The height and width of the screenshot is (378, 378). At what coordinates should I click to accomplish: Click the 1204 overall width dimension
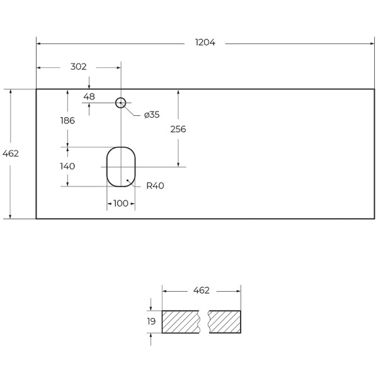tap(206, 43)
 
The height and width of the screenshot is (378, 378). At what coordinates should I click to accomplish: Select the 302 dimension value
tap(77, 66)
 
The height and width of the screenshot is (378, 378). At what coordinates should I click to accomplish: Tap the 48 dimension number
tap(89, 96)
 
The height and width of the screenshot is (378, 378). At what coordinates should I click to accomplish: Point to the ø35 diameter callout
tap(152, 115)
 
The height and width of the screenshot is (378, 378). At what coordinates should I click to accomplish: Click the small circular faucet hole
tap(121, 102)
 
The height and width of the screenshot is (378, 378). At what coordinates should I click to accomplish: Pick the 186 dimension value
tap(67, 120)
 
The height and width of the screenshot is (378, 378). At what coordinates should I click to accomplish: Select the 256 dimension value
tap(178, 129)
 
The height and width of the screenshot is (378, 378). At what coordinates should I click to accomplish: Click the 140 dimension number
tap(67, 166)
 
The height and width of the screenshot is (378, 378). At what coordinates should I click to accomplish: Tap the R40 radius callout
tap(155, 186)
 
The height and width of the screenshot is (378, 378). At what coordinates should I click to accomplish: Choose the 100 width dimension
tap(121, 203)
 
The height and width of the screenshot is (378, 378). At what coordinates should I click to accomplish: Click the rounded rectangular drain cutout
tap(121, 166)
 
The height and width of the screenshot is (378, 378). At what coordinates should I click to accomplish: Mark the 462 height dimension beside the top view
tap(11, 153)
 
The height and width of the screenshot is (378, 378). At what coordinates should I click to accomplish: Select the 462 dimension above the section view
tap(201, 290)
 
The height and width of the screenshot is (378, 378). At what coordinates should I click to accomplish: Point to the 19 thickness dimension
tap(151, 321)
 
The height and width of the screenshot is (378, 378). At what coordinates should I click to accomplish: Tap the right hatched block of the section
tap(225, 321)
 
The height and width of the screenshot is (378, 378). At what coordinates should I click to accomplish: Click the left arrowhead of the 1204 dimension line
tap(38, 43)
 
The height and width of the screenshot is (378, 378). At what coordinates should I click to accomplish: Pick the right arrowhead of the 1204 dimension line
tap(373, 43)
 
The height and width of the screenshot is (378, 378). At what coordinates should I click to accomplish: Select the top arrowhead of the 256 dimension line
tap(179, 91)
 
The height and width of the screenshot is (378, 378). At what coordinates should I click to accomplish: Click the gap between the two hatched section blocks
tap(204, 321)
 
